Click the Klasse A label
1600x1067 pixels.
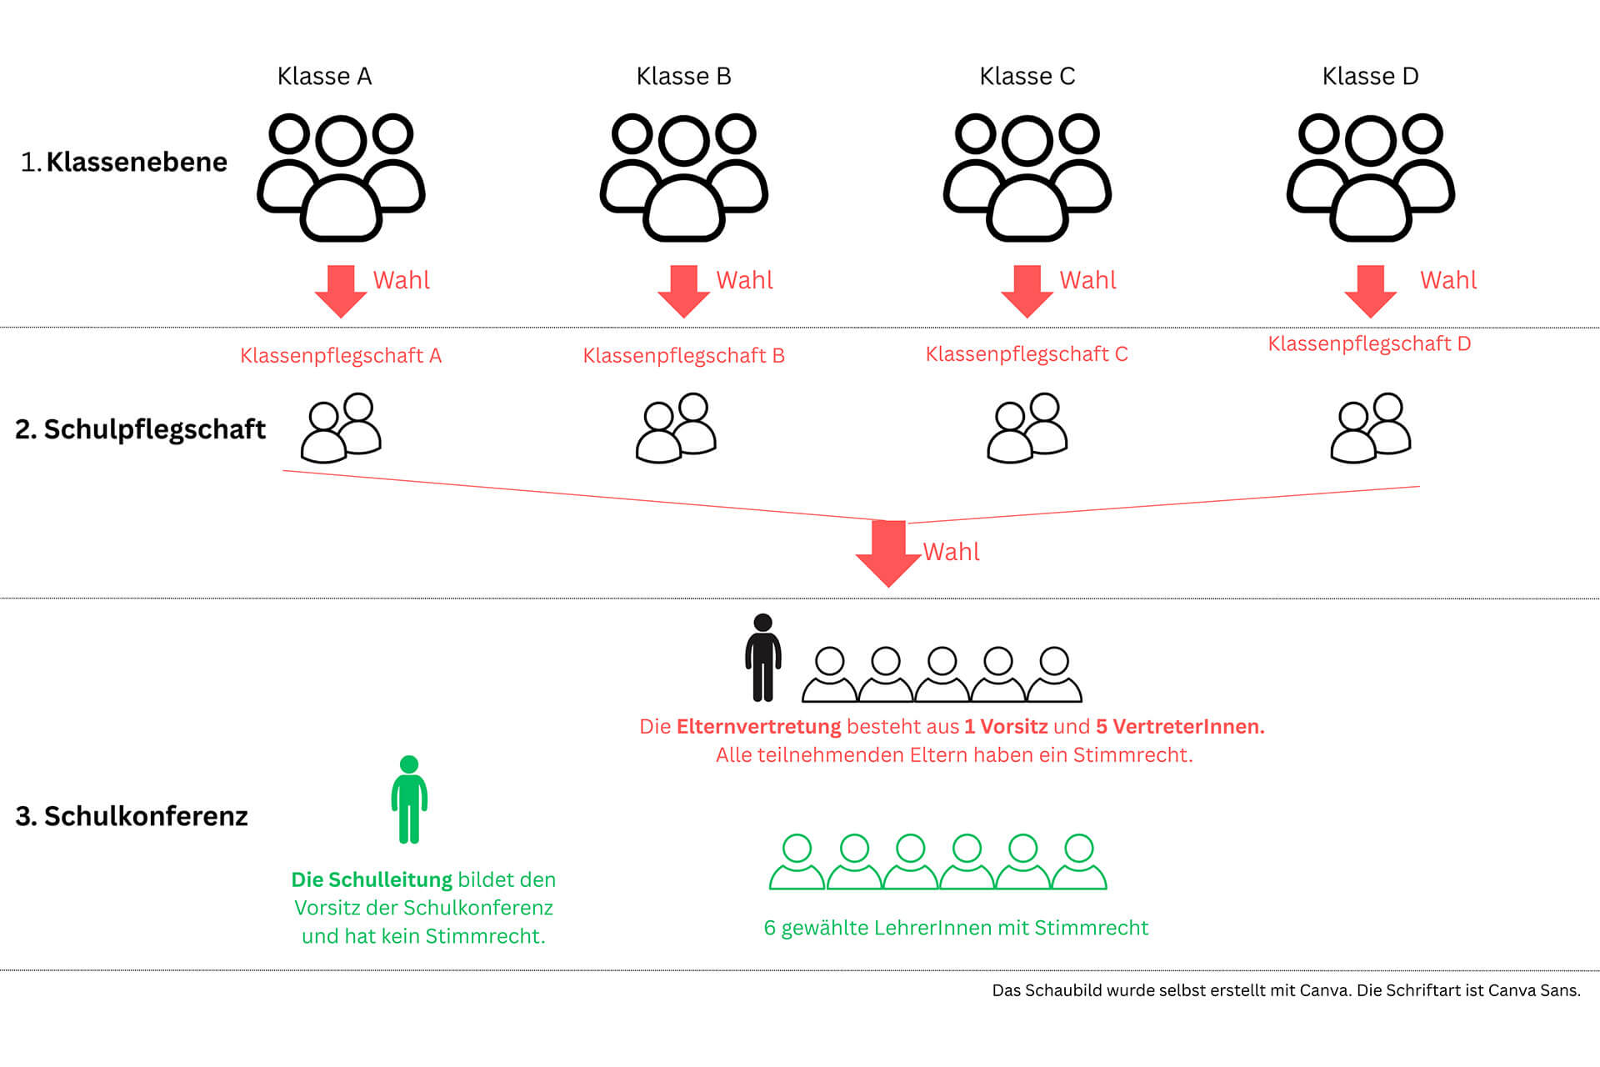324,76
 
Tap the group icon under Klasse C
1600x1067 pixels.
1027,178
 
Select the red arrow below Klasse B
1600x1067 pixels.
683,292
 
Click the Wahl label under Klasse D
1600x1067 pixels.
1448,280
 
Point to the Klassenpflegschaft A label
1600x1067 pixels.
341,356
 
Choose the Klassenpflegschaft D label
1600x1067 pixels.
1369,344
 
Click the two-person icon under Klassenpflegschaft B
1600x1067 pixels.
676,428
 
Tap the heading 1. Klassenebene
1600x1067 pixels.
124,162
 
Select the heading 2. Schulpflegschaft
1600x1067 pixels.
140,429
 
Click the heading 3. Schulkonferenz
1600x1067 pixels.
132,816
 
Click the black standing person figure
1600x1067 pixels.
762,658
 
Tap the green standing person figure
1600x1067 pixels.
409,799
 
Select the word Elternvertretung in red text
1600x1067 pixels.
758,727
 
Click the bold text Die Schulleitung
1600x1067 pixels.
372,879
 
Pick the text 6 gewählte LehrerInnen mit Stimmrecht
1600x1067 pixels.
956,928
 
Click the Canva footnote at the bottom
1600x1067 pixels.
1286,990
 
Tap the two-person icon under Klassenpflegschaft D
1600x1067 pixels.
1371,428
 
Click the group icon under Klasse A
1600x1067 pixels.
341,178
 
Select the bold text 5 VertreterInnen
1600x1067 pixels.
1180,727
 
